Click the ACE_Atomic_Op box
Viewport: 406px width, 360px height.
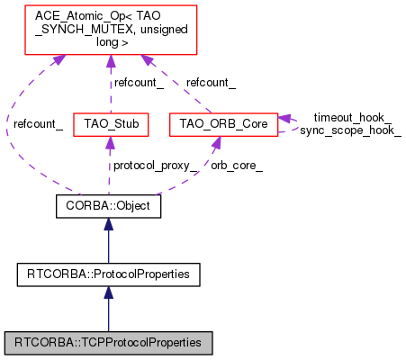[x=111, y=30]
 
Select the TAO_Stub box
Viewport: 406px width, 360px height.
[x=111, y=124]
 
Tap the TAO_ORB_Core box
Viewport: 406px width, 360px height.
[x=223, y=124]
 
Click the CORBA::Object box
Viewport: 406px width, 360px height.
[x=108, y=206]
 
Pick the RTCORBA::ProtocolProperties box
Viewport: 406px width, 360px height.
[x=108, y=274]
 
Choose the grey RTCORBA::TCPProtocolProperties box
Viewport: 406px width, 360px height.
[x=108, y=343]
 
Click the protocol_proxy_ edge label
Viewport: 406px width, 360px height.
[x=155, y=166]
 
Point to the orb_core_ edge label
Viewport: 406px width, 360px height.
[x=237, y=166]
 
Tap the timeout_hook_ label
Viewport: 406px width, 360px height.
[x=353, y=118]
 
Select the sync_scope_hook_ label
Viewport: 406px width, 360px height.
[x=350, y=130]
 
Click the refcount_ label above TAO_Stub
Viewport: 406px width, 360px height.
[x=139, y=83]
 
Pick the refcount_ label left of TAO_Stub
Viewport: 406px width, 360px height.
[x=38, y=124]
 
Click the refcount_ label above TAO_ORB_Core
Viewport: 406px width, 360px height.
[x=211, y=83]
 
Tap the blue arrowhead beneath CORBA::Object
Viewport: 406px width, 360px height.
[x=108, y=224]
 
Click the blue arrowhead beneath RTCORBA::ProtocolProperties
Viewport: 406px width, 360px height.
[x=108, y=292]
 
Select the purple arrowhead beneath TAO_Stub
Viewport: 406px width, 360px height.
[x=111, y=142]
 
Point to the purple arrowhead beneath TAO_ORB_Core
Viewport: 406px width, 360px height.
[x=217, y=142]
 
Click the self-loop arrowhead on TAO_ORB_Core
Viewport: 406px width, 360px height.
[x=284, y=118]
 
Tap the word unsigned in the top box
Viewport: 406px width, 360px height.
[x=164, y=30]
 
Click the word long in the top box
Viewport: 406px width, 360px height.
[x=106, y=42]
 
